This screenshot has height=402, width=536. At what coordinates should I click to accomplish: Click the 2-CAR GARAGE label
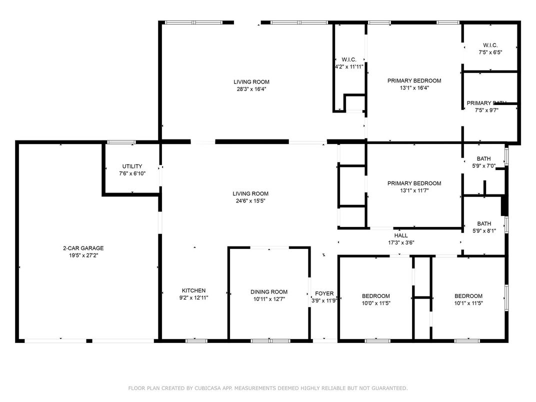(83, 248)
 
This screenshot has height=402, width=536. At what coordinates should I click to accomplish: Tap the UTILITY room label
(132, 166)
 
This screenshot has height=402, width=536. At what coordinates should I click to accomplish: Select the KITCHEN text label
(193, 290)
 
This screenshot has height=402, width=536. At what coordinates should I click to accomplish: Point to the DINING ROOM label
(269, 292)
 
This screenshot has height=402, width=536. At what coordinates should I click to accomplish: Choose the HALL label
(401, 235)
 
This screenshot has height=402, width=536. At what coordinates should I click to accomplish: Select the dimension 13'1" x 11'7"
(414, 190)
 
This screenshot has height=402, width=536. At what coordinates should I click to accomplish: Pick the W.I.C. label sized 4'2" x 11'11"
(348, 66)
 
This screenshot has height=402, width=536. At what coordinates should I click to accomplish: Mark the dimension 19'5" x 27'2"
(83, 255)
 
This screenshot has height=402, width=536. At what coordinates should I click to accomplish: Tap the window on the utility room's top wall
(121, 142)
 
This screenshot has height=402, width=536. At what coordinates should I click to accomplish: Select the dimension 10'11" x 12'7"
(269, 299)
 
